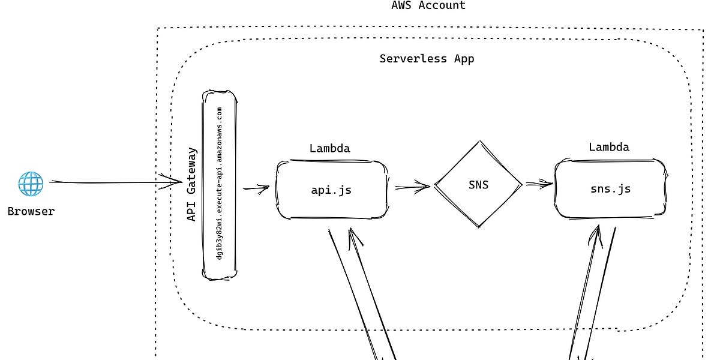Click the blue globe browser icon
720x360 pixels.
click(31, 184)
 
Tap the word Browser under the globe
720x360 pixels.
click(31, 211)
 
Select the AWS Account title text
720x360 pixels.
click(428, 5)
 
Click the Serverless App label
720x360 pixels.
click(427, 59)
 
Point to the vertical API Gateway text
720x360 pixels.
click(192, 185)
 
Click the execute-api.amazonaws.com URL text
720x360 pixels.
click(220, 184)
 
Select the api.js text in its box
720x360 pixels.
click(331, 190)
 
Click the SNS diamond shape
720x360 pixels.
click(478, 185)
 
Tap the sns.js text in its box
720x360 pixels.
click(610, 189)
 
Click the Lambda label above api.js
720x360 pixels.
click(329, 148)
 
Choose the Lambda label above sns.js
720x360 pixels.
click(608, 147)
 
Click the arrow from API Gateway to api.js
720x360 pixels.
click(256, 188)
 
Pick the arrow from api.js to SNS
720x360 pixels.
click(412, 187)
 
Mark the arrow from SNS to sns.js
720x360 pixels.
click(539, 184)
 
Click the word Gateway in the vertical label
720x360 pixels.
click(192, 170)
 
